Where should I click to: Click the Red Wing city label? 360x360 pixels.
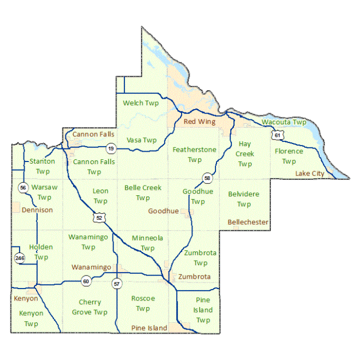coord(199,122)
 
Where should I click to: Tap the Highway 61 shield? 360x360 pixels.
coord(279,134)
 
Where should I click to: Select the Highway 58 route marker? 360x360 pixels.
coord(207,178)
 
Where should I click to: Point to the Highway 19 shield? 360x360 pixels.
coord(111,148)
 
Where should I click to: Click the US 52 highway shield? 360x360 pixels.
coord(99,218)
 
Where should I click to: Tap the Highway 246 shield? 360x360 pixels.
coord(20,258)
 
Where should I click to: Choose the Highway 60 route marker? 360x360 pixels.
coord(86,281)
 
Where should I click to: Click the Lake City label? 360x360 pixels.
coord(310,173)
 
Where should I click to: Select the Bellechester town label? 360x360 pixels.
coord(248,222)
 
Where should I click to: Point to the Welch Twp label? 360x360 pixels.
coord(141,103)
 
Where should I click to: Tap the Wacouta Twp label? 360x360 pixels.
coord(284,122)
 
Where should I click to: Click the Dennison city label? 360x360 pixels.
coord(37,210)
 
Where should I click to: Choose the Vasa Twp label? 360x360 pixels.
coord(141,140)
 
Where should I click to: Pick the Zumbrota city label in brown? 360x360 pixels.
coord(194,277)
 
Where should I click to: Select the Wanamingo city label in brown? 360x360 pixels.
coord(92,267)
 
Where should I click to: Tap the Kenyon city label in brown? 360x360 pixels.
coord(26,298)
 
